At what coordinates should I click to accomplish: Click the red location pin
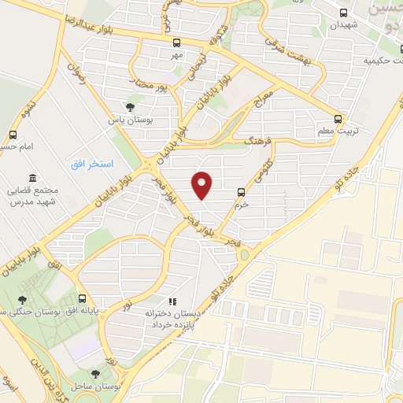pyautogui.click(x=203, y=185)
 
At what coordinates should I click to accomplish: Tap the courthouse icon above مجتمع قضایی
pyautogui.click(x=31, y=179)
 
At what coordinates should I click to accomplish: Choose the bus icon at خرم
pyautogui.click(x=241, y=191)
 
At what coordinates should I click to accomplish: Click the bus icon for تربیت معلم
pyautogui.click(x=338, y=119)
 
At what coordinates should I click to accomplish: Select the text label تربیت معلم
pyautogui.click(x=334, y=131)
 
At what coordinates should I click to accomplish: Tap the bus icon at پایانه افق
pyautogui.click(x=83, y=298)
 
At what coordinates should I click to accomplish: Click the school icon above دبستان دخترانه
pyautogui.click(x=172, y=300)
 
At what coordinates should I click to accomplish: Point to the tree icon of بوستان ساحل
pyautogui.click(x=95, y=374)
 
